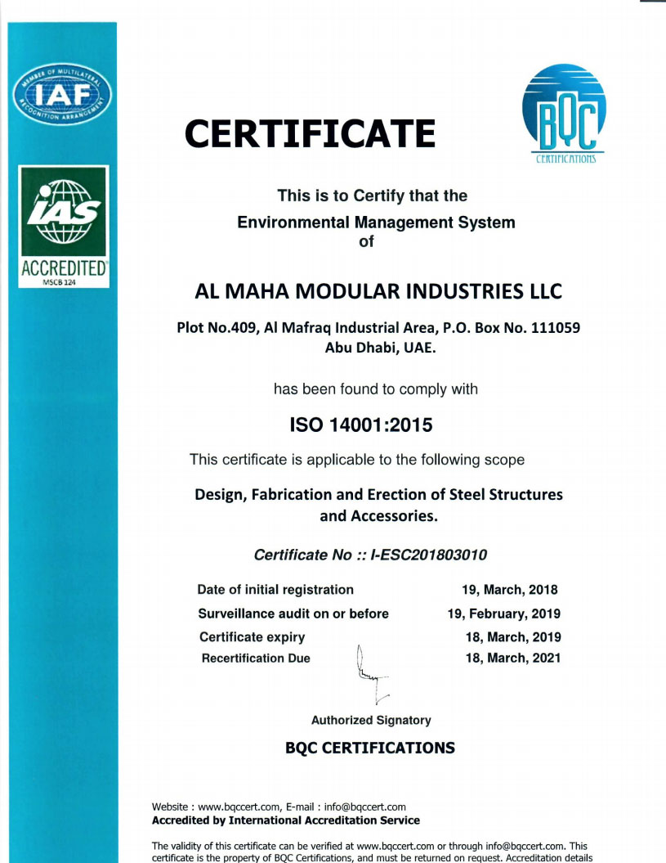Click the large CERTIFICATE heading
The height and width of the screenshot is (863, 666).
[x=310, y=133]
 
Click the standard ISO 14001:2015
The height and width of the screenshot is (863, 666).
[x=361, y=425]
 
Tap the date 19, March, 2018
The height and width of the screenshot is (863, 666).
[x=510, y=590]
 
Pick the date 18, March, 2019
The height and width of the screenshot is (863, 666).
[x=513, y=636]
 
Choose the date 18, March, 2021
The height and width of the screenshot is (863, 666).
[x=513, y=658]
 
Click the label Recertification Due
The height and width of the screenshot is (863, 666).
[x=255, y=658]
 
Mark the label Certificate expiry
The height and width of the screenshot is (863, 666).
[x=252, y=636]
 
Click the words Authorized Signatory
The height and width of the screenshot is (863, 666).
[x=371, y=721]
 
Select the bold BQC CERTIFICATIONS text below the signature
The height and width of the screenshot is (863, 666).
[x=370, y=748]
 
